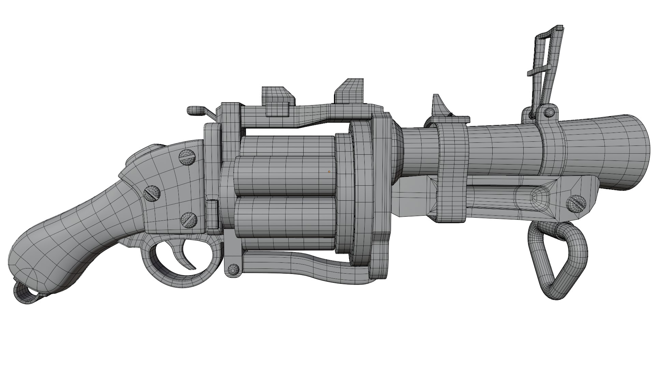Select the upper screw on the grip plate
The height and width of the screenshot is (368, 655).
coord(187,157)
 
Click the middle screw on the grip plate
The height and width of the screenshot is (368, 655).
coord(152,194)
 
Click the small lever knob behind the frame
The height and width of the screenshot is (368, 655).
coord(196,111)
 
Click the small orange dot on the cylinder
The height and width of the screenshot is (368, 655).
coord(329,172)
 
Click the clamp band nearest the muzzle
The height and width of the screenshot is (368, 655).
coord(552,147)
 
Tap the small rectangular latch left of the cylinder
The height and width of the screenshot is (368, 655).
coord(212,215)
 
